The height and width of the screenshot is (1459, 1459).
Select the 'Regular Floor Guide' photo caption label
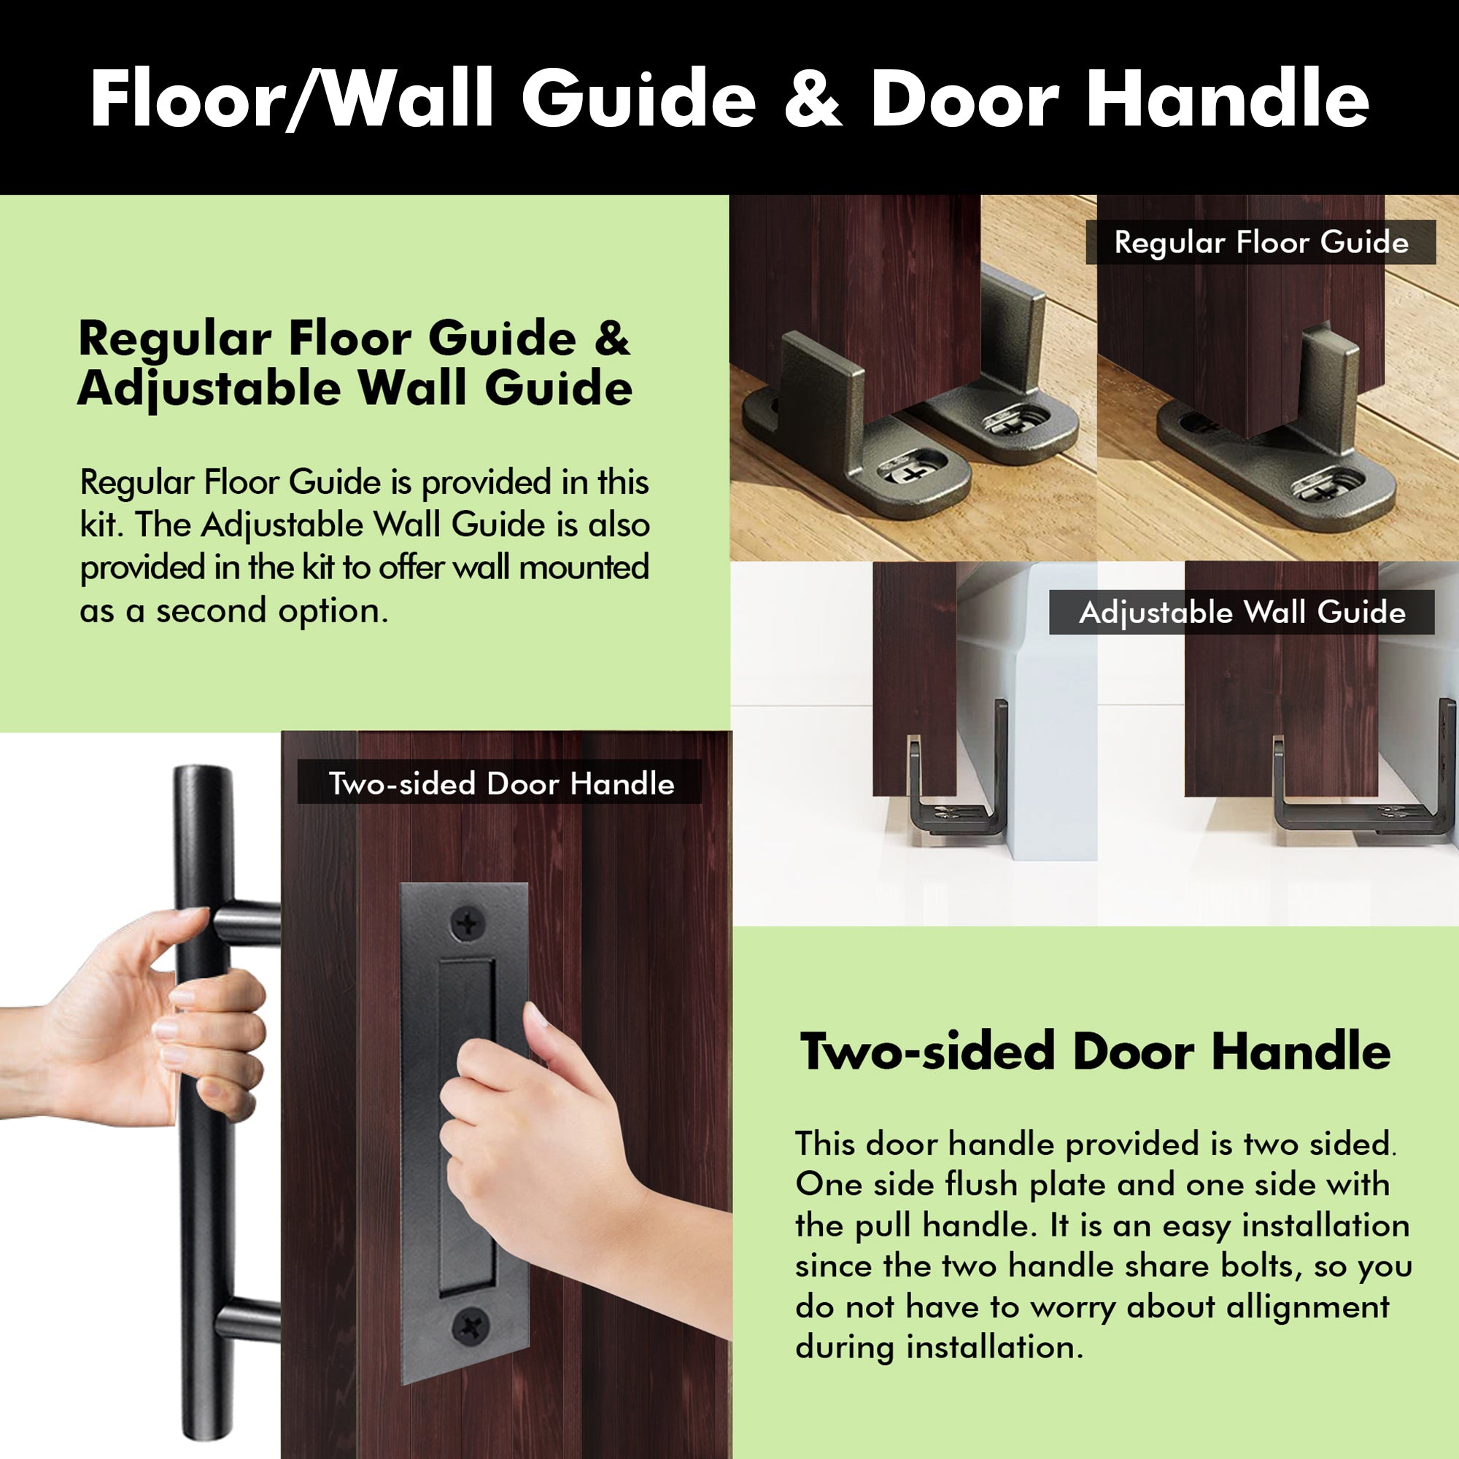click(1261, 242)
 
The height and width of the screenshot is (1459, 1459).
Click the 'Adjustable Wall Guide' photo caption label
click(1242, 613)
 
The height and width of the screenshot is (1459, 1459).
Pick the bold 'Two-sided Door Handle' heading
click(1095, 1051)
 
